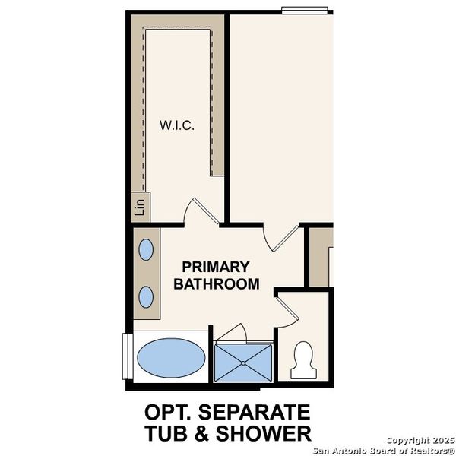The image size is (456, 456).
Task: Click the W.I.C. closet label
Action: click(176, 125)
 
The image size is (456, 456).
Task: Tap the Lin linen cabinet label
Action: click(139, 206)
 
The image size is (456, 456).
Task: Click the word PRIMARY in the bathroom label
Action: click(215, 268)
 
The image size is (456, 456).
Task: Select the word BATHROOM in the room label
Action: click(217, 284)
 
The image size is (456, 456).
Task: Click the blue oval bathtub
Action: click(171, 356)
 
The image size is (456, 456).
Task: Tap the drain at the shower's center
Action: click(243, 363)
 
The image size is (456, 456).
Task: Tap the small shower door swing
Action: click(232, 333)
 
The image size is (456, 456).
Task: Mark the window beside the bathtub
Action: click(126, 356)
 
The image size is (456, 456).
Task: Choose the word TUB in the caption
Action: click(166, 433)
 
